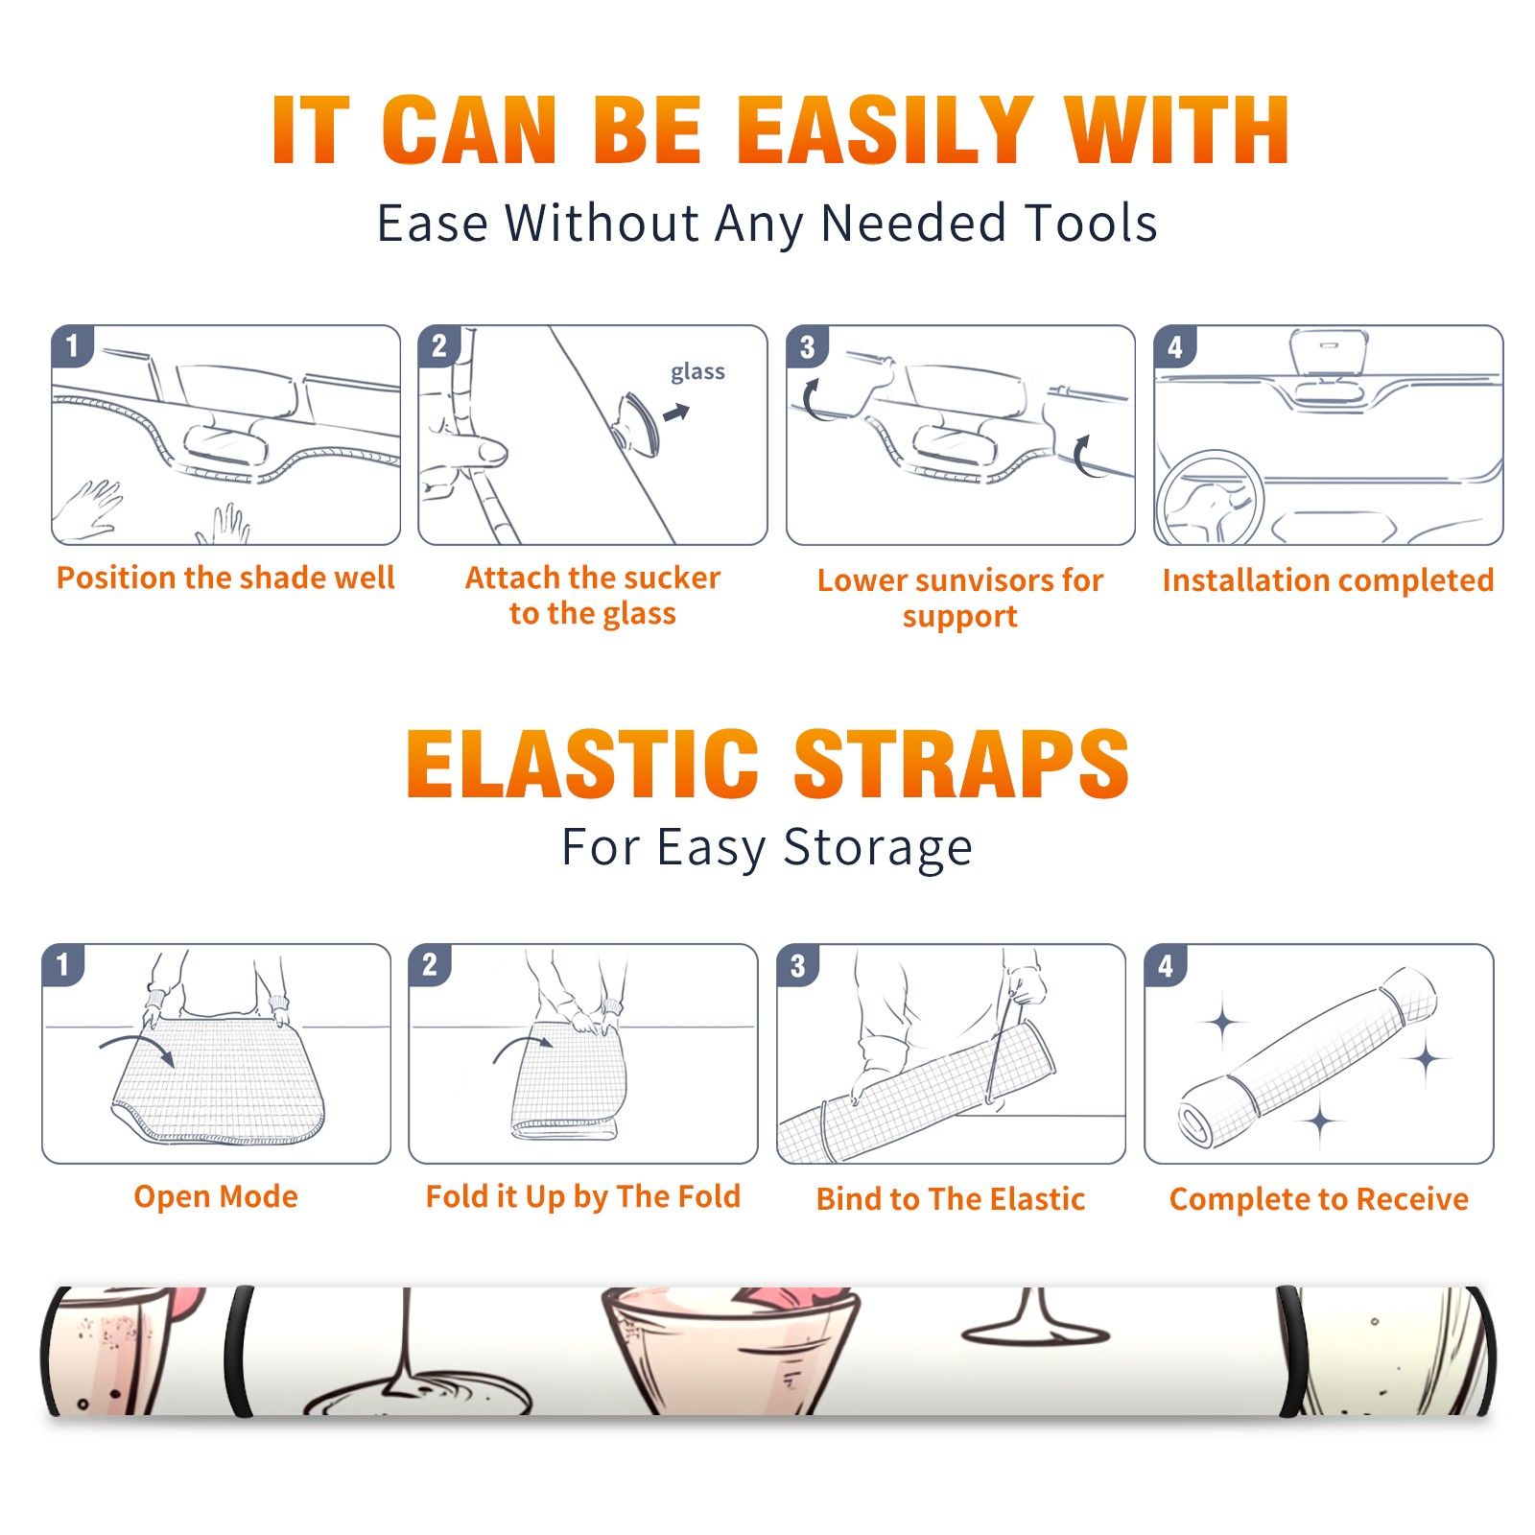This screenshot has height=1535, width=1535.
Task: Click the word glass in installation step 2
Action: click(x=697, y=372)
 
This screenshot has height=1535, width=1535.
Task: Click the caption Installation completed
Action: click(x=1328, y=579)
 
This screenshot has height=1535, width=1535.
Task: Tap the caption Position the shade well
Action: click(x=225, y=578)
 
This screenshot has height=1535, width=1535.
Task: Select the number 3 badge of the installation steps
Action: click(x=807, y=347)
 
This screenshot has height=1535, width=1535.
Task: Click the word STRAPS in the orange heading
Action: click(x=961, y=764)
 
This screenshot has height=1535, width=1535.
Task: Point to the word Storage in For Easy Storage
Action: click(x=878, y=849)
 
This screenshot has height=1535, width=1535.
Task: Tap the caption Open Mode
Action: click(x=216, y=1196)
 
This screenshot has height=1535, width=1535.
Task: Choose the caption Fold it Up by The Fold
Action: click(x=583, y=1196)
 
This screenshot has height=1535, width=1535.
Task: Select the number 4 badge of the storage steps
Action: click(x=1166, y=965)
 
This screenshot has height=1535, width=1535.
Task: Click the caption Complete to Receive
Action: click(x=1319, y=1199)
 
